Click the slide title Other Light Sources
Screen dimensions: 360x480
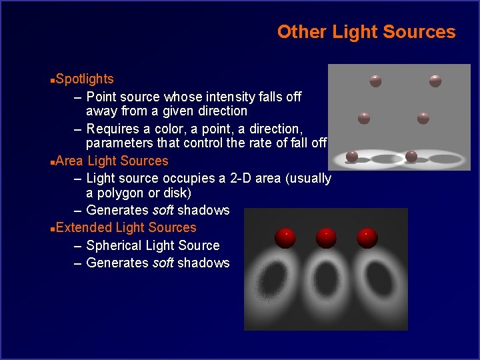[x=366, y=32]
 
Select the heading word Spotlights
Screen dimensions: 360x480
[x=85, y=79]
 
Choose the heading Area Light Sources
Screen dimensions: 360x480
[x=112, y=161]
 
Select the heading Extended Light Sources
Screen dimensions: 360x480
[x=126, y=228]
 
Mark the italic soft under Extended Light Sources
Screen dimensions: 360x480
[x=164, y=263]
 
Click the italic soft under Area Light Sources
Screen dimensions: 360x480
[x=164, y=211]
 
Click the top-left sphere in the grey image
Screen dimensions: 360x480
[x=376, y=81]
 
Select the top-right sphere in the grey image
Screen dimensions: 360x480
[x=435, y=81]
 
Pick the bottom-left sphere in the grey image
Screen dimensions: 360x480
[x=352, y=157]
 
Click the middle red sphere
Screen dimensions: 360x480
[x=325, y=237]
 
